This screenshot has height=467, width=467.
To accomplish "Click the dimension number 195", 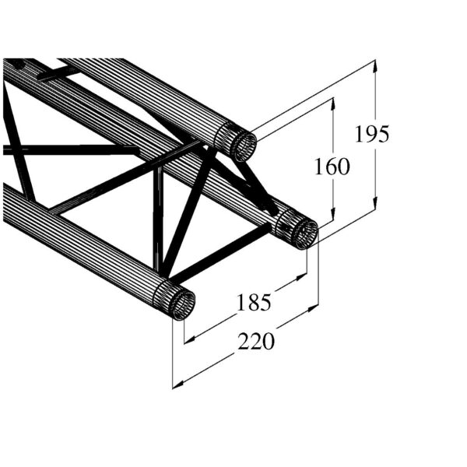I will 371,134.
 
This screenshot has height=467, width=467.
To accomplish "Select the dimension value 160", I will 332,166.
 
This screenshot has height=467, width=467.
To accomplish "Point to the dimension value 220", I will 256,341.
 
